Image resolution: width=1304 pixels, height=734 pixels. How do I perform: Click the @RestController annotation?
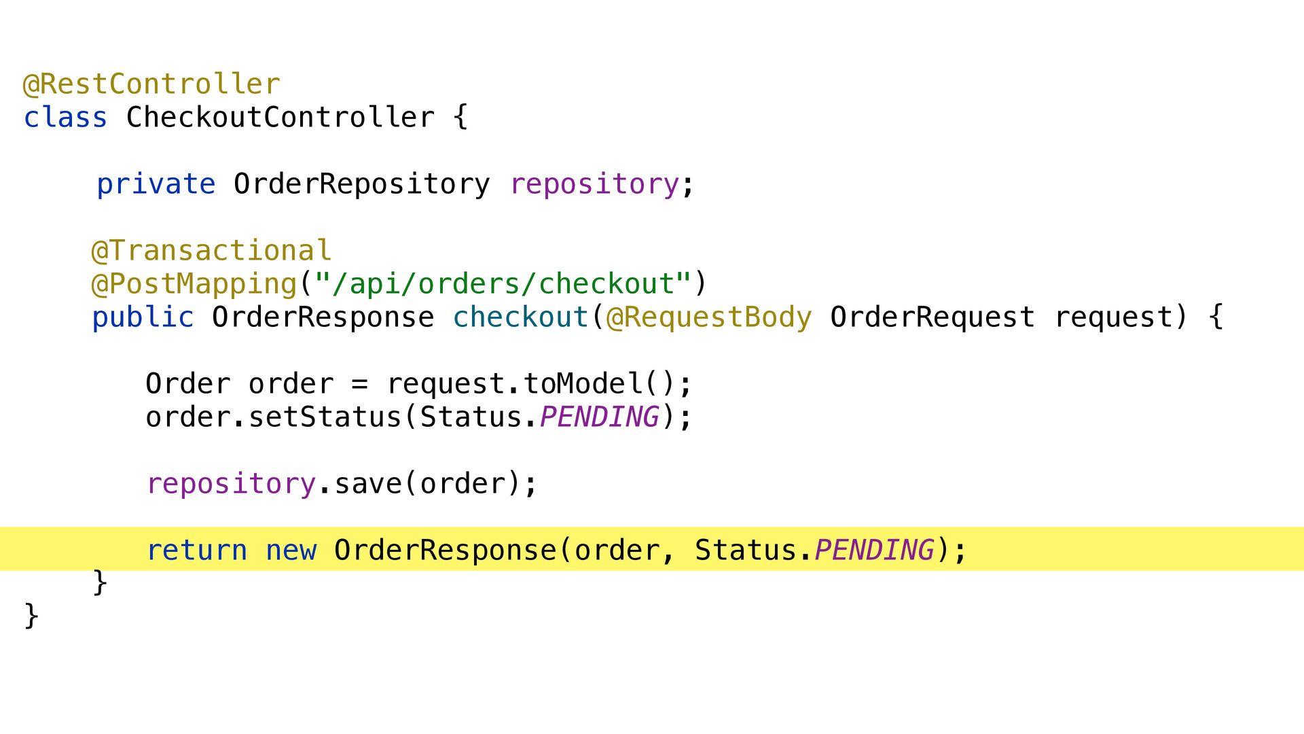point(151,84)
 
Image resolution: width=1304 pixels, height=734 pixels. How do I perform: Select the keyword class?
point(65,118)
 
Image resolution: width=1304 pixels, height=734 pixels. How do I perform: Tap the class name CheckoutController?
point(280,118)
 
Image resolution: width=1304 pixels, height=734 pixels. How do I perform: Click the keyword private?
point(156,184)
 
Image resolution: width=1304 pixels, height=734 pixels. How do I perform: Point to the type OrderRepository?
point(361,184)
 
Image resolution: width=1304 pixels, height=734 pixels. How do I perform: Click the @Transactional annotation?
point(211,251)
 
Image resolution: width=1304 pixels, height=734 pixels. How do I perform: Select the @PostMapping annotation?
point(194,284)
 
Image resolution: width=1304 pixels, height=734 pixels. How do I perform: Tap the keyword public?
point(143,317)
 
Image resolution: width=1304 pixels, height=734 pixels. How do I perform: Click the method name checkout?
point(520,317)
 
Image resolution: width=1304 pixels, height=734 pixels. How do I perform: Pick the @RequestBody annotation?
point(708,317)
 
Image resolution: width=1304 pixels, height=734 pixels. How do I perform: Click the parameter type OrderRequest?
point(932,317)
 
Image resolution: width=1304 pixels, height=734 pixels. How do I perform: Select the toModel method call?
point(583,384)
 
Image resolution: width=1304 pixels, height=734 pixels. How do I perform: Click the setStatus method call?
point(325,417)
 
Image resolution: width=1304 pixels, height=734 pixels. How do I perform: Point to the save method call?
point(368,484)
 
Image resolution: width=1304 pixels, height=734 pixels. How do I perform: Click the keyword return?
point(197,550)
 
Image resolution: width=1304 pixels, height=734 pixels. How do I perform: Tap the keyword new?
point(291,550)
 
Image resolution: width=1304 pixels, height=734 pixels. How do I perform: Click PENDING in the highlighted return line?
point(874,550)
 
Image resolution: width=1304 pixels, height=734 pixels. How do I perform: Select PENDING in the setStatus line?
point(599,417)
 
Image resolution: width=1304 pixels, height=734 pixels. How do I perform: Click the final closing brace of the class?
point(31,616)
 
